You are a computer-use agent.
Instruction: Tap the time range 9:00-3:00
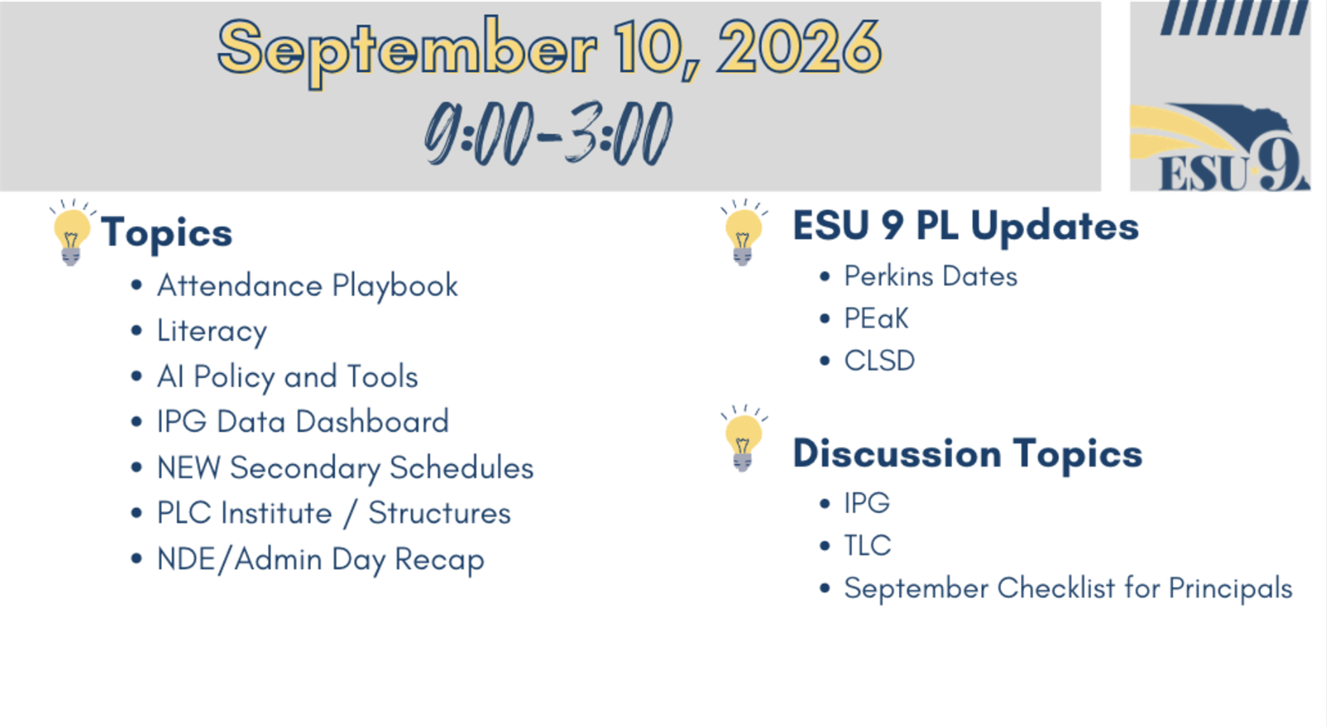pos(548,133)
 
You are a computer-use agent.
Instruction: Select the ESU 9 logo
pos(1220,147)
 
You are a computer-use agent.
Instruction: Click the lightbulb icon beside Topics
pos(71,233)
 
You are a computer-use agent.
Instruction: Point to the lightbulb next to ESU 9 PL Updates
pos(743,233)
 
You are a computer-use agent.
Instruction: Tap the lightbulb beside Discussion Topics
pos(743,439)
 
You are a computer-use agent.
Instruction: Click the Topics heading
pos(167,233)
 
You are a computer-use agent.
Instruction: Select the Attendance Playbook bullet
pos(308,286)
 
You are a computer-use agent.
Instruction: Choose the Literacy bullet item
pos(212,332)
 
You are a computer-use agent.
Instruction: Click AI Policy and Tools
pos(287,377)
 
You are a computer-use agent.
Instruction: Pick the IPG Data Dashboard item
pos(303,422)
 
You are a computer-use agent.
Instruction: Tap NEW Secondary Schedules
pos(345,468)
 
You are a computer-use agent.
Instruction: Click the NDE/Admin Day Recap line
pos(320,560)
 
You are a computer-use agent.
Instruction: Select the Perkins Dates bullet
pos(931,277)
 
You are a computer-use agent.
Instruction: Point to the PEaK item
pos(876,318)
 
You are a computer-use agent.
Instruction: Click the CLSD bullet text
pos(879,361)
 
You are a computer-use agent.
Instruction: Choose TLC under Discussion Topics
pos(868,545)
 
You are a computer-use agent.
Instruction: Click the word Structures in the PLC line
pos(440,513)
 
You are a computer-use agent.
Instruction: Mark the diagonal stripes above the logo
pos(1234,17)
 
